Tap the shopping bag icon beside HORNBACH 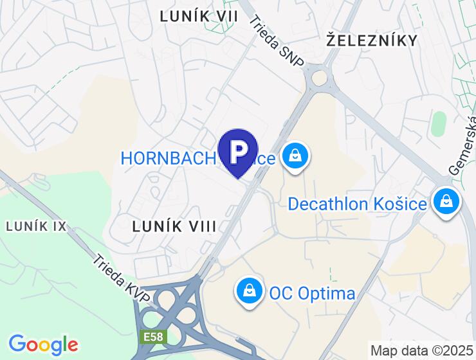pos(295,156)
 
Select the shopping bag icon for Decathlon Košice pos(445,203)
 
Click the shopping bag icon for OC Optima pos(249,292)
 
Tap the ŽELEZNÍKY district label pos(372,40)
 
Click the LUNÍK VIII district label pos(174,226)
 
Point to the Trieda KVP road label pos(122,280)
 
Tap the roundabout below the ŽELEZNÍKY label pos(319,79)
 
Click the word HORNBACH pos(166,158)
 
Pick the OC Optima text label pos(312,294)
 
